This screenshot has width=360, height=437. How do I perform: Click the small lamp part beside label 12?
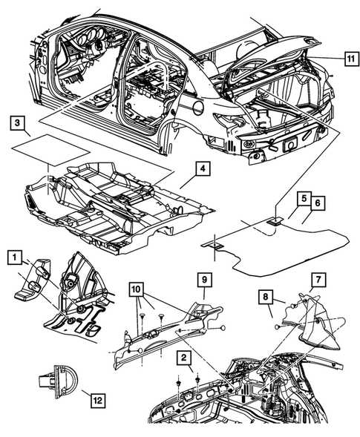[x=54, y=381]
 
